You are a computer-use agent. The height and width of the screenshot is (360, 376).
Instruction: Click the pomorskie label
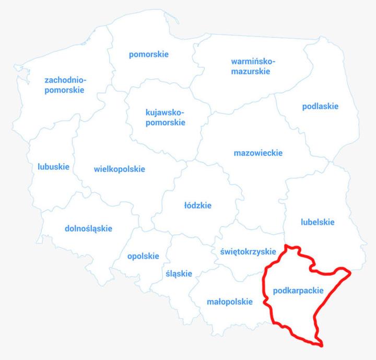[149, 54]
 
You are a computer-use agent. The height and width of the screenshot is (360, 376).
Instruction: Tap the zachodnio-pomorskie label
[65, 85]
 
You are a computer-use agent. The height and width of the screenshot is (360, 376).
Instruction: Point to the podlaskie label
[320, 107]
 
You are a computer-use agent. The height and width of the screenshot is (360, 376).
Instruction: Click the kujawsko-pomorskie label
[165, 118]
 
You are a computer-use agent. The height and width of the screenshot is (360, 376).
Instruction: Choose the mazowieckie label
[258, 153]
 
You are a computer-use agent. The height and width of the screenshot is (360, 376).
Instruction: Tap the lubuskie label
[53, 167]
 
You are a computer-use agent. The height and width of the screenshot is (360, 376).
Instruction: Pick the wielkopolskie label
[120, 169]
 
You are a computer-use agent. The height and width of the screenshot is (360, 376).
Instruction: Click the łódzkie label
[198, 205]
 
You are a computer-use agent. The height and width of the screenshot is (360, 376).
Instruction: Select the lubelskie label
[318, 222]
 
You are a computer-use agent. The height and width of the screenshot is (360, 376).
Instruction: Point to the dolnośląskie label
[88, 228]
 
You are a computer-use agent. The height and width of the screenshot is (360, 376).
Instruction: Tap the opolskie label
[143, 256]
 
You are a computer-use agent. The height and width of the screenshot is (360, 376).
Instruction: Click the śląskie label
[179, 274]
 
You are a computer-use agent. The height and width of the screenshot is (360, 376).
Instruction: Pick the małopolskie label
[230, 301]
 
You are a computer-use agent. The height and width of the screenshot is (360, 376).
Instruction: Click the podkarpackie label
[298, 291]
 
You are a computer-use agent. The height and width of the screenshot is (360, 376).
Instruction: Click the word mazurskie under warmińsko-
[251, 72]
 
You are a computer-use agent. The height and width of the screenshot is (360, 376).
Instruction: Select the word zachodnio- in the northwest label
[65, 80]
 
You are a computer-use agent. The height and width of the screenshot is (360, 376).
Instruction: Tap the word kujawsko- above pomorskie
[165, 112]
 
